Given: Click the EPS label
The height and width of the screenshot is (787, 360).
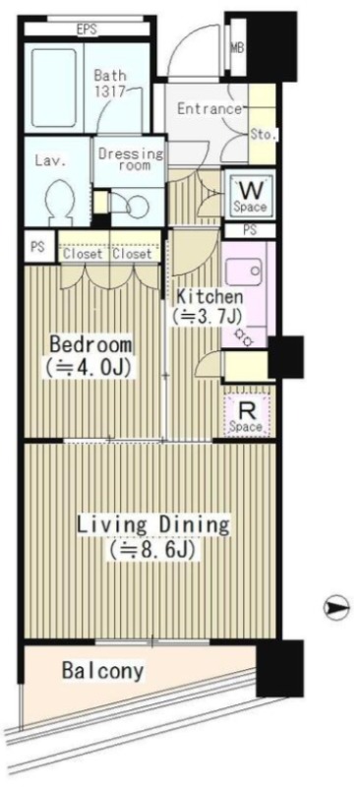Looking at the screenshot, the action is [x=87, y=30].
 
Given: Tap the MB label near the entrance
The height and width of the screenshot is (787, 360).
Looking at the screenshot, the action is [x=237, y=48].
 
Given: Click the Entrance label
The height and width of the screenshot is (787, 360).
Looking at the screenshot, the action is [x=210, y=109].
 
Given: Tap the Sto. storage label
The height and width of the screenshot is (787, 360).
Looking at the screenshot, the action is [x=263, y=134].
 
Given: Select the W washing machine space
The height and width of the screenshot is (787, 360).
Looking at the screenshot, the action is [x=250, y=195].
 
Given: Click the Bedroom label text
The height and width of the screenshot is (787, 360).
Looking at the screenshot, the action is [x=90, y=345].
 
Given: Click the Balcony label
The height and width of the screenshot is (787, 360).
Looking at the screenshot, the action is [x=103, y=671].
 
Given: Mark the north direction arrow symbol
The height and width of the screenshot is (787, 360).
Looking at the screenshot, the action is [x=335, y=607].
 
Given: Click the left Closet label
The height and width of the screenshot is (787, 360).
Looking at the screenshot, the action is [x=83, y=254].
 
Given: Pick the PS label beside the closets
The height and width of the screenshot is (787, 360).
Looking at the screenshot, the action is [x=37, y=248].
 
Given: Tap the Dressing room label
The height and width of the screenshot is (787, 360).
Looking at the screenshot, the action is [x=131, y=158].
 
